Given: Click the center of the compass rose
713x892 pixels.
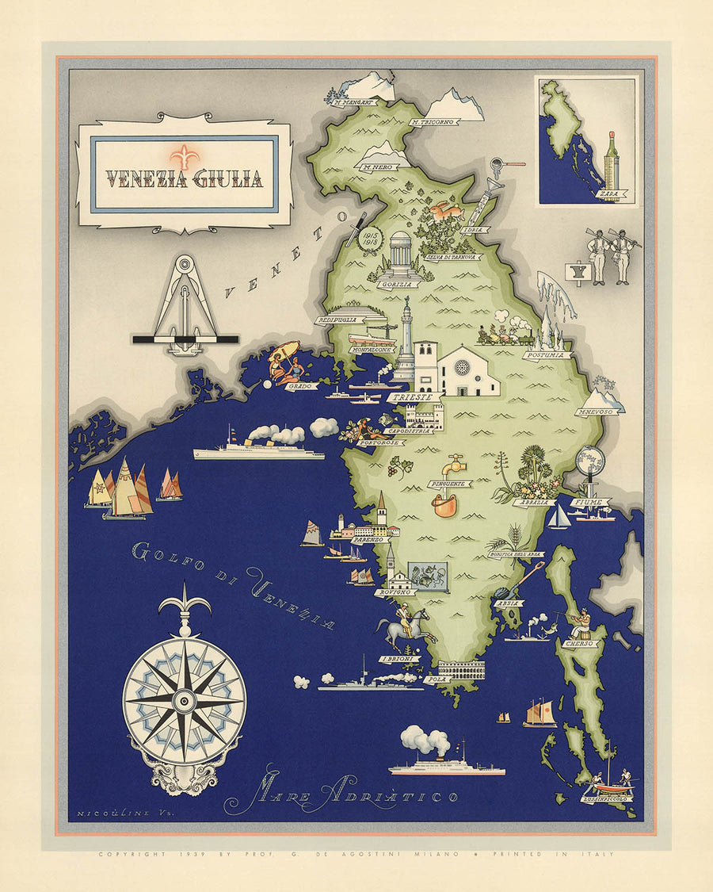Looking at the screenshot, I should click(x=184, y=699).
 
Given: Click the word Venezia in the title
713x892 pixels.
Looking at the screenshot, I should click(x=146, y=180).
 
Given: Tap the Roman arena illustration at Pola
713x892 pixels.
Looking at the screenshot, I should click(x=461, y=669).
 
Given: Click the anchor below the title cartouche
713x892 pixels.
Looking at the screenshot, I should click(x=185, y=305).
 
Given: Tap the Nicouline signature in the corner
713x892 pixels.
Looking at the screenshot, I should click(x=106, y=814).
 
